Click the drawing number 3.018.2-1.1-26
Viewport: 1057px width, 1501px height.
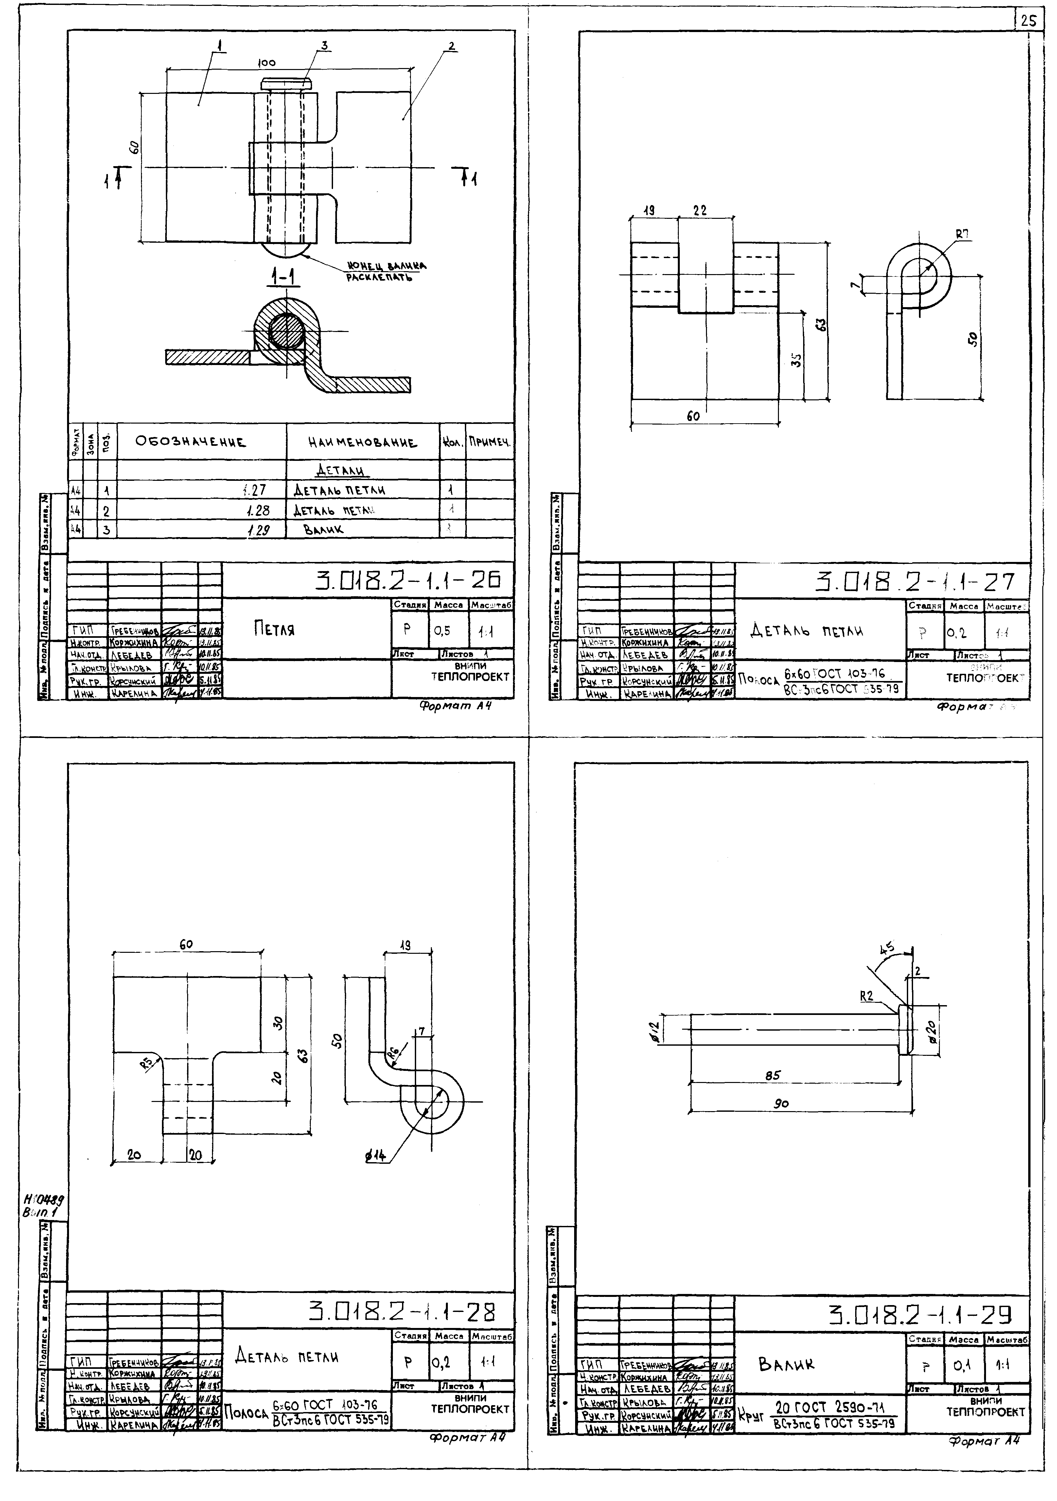409,580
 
